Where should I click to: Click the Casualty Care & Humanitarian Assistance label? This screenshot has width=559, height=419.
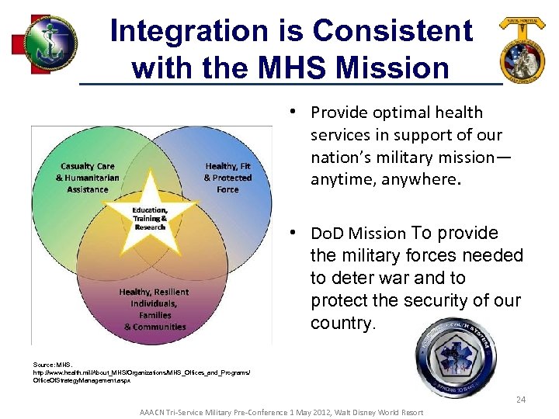[x=87, y=178]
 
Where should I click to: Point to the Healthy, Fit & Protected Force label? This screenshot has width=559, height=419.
[x=227, y=178]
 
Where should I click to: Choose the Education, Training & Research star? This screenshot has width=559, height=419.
[x=149, y=216]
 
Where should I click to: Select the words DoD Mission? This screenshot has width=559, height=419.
[x=358, y=234]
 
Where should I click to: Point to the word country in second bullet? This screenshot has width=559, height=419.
[x=341, y=323]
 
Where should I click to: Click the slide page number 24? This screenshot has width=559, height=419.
[x=520, y=400]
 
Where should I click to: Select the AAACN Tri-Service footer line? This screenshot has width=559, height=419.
[x=281, y=412]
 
